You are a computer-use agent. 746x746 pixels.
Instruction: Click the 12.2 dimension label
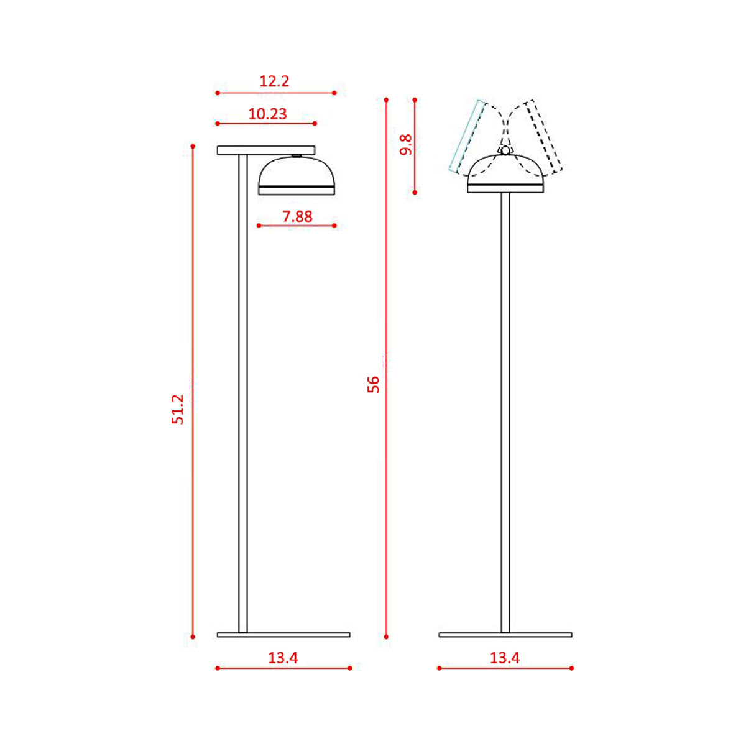pyautogui.click(x=274, y=81)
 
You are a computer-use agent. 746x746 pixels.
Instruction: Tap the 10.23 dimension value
pyautogui.click(x=267, y=114)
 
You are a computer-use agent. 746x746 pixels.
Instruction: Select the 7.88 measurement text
pyautogui.click(x=297, y=216)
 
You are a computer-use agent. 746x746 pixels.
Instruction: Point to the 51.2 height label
pyautogui.click(x=178, y=409)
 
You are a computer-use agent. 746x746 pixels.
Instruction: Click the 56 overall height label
pyautogui.click(x=373, y=384)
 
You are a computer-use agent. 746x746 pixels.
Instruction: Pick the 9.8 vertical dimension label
pyautogui.click(x=406, y=145)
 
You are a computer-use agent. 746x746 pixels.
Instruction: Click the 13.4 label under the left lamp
pyautogui.click(x=283, y=657)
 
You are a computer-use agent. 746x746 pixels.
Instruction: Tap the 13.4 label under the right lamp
pyautogui.click(x=504, y=657)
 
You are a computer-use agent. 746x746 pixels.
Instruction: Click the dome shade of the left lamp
pyautogui.click(x=297, y=173)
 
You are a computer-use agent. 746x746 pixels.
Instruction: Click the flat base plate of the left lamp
pyautogui.click(x=283, y=635)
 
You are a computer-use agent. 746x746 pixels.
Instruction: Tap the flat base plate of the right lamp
pyautogui.click(x=505, y=635)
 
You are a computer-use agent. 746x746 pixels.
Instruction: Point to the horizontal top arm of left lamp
pyautogui.click(x=266, y=150)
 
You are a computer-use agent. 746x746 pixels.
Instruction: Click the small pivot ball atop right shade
pyautogui.click(x=505, y=150)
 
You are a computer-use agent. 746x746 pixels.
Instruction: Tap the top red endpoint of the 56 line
pyautogui.click(x=386, y=99)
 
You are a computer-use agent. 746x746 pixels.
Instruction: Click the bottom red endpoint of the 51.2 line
pyautogui.click(x=193, y=637)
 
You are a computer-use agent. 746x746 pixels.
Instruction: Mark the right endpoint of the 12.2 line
pyautogui.click(x=334, y=93)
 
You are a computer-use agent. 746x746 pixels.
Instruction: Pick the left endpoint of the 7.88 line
pyautogui.click(x=259, y=226)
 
